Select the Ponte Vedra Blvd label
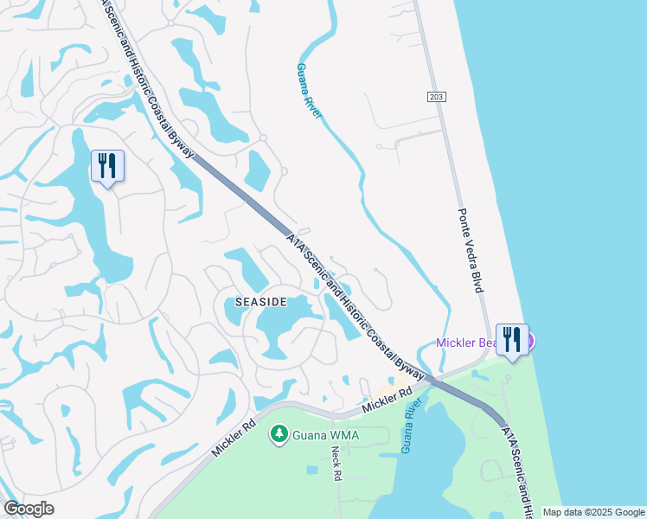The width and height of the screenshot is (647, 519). pyautogui.click(x=469, y=251)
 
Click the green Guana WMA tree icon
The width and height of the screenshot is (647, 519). pyautogui.click(x=279, y=433)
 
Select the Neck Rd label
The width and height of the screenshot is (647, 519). pyautogui.click(x=336, y=464)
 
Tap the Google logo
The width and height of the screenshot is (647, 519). pyautogui.click(x=29, y=509)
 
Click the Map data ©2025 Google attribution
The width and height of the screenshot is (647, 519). pyautogui.click(x=593, y=512)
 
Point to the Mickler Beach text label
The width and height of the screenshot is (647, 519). pyautogui.click(x=467, y=343)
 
